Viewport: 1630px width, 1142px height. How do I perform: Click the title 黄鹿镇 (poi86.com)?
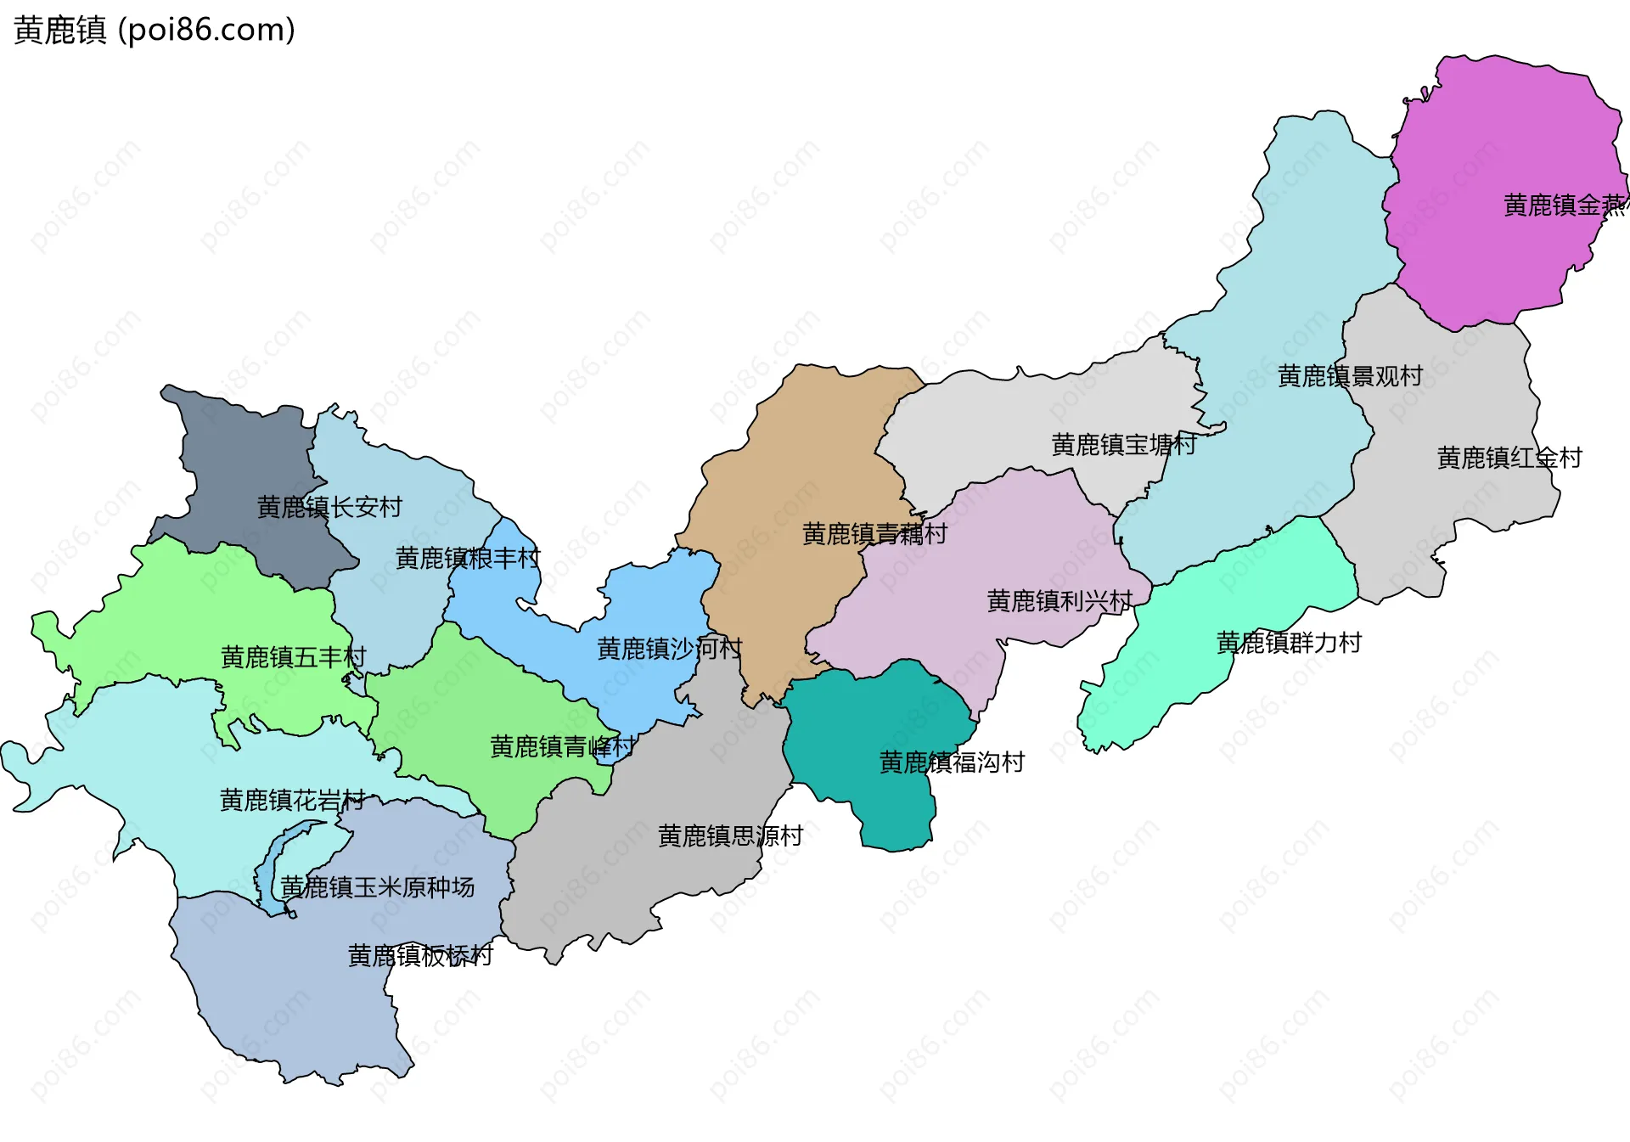click(x=155, y=31)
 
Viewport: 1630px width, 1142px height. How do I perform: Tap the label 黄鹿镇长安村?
click(x=329, y=508)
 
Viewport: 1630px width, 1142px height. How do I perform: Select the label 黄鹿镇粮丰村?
click(x=468, y=559)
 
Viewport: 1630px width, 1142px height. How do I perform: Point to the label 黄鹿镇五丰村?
click(x=293, y=657)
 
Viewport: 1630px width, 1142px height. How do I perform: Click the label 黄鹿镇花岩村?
click(x=292, y=801)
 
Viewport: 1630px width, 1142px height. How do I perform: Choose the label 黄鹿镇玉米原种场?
click(x=377, y=888)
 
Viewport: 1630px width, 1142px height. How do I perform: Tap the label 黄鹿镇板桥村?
click(x=420, y=956)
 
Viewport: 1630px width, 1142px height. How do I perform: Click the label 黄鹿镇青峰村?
click(x=562, y=747)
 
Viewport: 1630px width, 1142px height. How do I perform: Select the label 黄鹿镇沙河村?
click(x=669, y=650)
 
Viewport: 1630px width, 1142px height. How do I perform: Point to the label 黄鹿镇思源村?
click(x=730, y=836)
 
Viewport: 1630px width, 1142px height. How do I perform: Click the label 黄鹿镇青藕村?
click(x=874, y=534)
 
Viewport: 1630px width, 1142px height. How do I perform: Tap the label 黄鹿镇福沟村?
click(x=952, y=762)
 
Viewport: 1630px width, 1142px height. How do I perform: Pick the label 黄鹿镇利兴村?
click(x=1059, y=602)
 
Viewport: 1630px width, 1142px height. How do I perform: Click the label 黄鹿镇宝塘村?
click(x=1124, y=445)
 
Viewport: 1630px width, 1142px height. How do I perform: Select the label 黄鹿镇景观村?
click(x=1350, y=376)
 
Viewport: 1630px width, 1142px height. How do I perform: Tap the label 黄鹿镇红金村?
click(x=1509, y=458)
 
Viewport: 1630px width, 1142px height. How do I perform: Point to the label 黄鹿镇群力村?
click(x=1289, y=643)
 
